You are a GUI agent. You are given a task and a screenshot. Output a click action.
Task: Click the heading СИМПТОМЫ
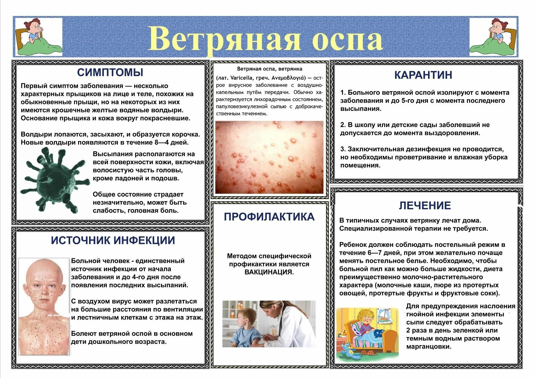pos(110,72)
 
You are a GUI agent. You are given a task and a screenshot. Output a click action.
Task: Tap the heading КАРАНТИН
pos(423,75)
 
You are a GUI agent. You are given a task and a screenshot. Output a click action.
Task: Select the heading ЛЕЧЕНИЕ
pos(425,205)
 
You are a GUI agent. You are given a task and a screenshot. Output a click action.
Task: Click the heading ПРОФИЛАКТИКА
pos(269,217)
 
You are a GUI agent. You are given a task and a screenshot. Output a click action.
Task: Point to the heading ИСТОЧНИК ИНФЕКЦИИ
pos(113,240)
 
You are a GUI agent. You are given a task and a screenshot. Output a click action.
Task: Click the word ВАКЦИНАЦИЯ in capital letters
pos(269,272)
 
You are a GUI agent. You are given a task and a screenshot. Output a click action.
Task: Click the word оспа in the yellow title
pos(347,39)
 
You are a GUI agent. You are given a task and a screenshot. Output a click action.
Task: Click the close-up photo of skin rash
pos(269,157)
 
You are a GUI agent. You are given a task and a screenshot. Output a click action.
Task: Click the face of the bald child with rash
pos(45,287)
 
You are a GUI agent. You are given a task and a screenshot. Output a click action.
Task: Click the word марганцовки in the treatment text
pos(428,347)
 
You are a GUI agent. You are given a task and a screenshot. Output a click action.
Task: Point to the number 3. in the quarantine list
pos(343,149)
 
